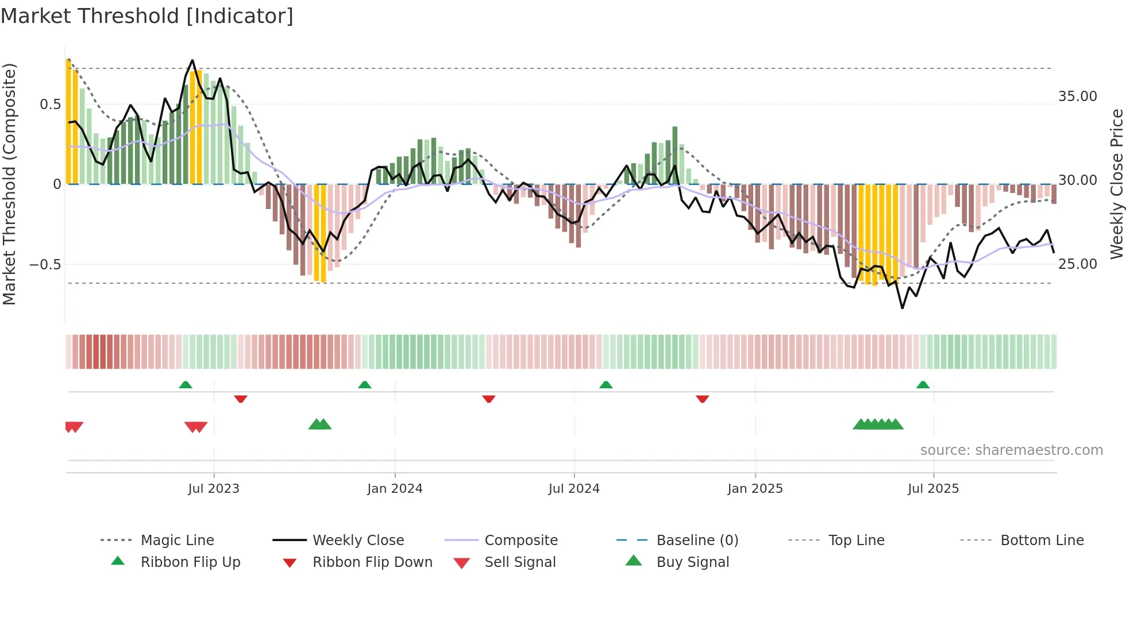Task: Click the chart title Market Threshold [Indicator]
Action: click(147, 16)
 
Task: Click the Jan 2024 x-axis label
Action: click(395, 488)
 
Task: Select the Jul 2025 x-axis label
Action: click(933, 488)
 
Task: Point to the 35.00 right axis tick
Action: click(1077, 97)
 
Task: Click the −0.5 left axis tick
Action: click(45, 265)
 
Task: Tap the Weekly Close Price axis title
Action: click(1116, 184)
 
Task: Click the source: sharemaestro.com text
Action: click(1011, 450)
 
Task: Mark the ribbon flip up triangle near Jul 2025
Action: click(923, 384)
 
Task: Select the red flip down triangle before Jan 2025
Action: click(702, 399)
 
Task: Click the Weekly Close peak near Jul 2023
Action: click(192, 60)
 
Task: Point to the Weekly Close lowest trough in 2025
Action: click(903, 308)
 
